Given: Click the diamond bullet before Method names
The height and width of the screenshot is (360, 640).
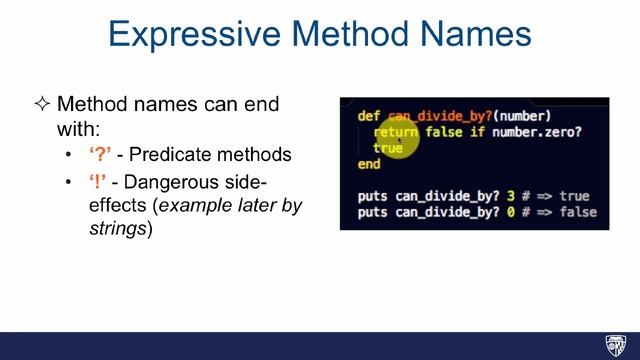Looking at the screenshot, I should (x=42, y=105).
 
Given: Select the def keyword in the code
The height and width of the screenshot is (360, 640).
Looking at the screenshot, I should (x=368, y=116).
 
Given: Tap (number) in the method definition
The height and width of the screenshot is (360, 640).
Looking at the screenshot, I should (x=515, y=116).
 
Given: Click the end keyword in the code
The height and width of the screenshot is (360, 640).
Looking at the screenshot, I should (x=368, y=164).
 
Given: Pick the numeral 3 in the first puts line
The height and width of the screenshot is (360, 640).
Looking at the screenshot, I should (x=481, y=196).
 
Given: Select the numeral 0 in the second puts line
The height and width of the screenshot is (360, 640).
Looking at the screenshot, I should (x=481, y=212).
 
